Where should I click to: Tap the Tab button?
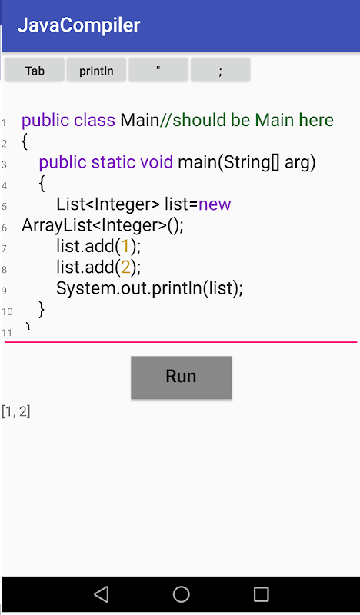[35, 70]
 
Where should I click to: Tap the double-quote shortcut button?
[158, 70]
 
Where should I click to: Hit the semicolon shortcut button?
[220, 70]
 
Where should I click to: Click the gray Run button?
[182, 377]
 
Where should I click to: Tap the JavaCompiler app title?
[79, 25]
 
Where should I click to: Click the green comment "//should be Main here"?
[247, 120]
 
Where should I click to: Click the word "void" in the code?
[156, 162]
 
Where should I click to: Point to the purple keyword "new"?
[215, 204]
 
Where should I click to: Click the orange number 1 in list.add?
[125, 246]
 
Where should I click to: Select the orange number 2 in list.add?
[125, 267]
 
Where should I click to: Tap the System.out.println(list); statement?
[149, 288]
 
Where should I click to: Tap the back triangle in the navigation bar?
[102, 594]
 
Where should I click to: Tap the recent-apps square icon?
[261, 594]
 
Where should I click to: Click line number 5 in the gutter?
[5, 206]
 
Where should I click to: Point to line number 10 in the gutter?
[7, 312]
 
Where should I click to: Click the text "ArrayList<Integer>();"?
[102, 225]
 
